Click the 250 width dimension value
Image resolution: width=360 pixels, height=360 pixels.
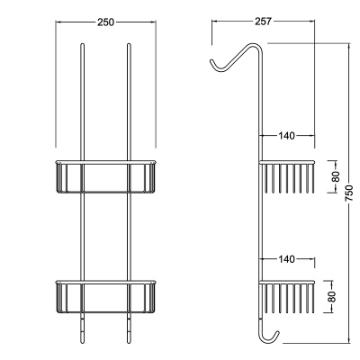point(106,22)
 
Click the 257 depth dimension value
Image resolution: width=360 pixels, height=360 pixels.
point(263,22)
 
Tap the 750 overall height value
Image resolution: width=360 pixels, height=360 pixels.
point(349,194)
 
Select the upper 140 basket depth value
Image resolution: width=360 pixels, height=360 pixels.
point(287,136)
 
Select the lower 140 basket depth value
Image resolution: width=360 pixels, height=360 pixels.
point(287,258)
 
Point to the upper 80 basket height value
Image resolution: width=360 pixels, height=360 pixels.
point(336,176)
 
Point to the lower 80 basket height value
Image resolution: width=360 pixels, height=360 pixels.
point(331,297)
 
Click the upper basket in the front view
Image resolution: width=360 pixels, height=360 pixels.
point(106,176)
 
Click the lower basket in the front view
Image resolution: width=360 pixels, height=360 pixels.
point(106,297)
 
